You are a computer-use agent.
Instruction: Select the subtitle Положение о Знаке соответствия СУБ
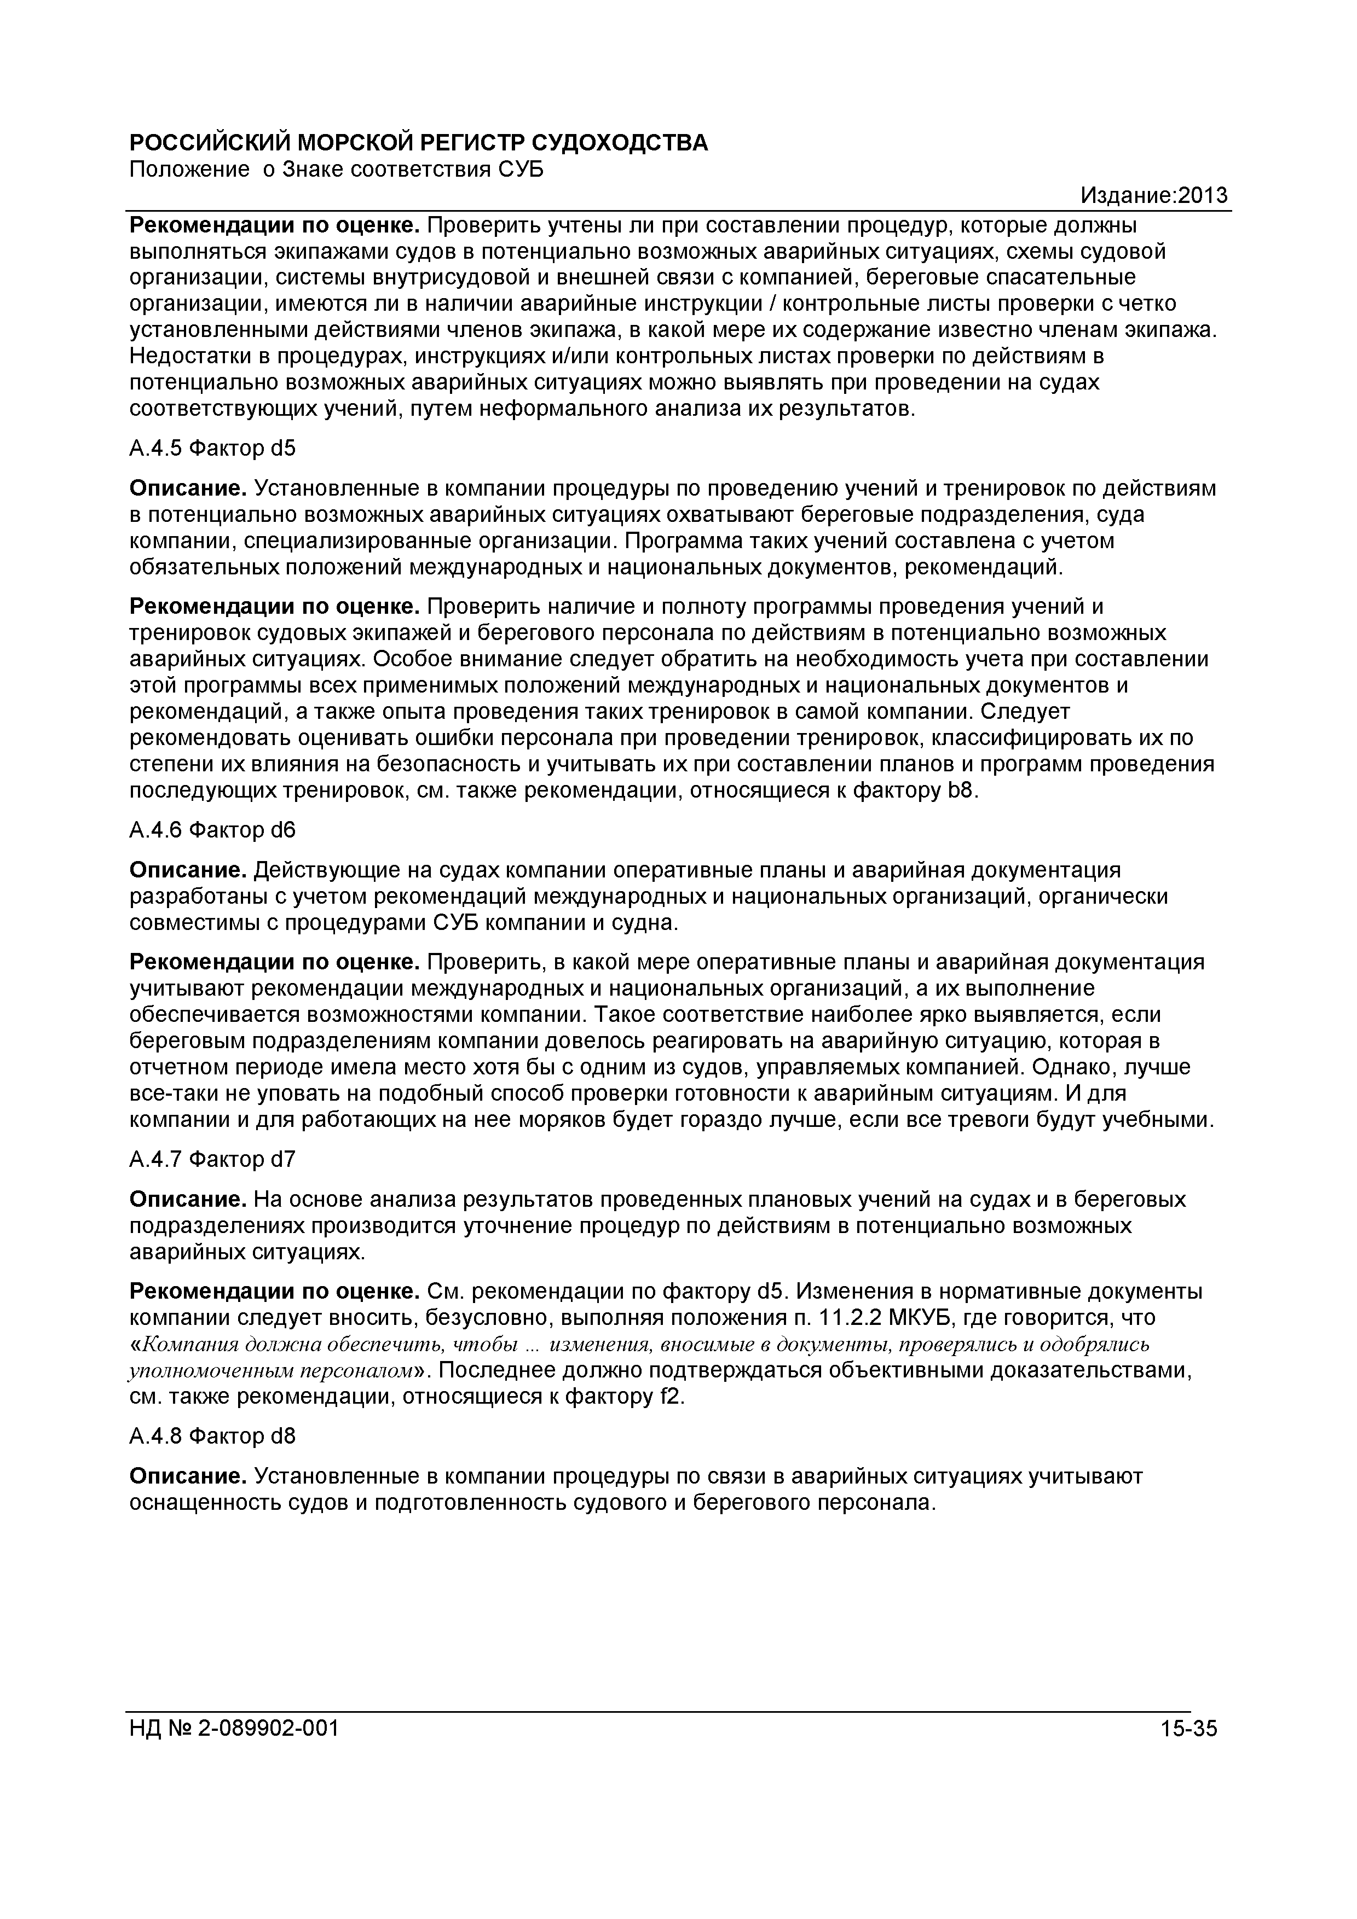(x=336, y=170)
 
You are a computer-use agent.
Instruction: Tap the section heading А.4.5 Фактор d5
(x=212, y=449)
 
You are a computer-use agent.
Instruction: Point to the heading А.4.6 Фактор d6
(x=212, y=830)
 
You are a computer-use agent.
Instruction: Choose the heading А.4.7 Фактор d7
(x=212, y=1159)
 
